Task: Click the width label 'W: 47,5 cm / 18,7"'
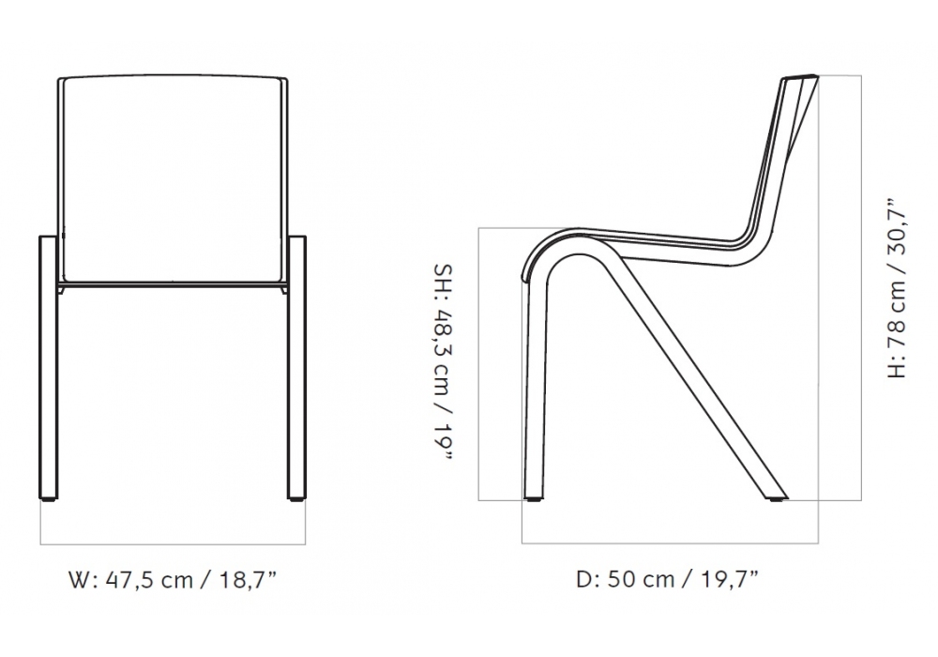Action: [x=173, y=580]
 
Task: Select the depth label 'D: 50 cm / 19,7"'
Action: [x=667, y=580]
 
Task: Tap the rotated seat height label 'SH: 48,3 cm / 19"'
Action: [x=443, y=364]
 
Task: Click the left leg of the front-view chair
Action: [x=49, y=366]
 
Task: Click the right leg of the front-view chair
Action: [x=296, y=366]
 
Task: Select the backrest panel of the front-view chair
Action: [x=174, y=178]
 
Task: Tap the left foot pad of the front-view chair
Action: [x=49, y=497]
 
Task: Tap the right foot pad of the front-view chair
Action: [x=296, y=497]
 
